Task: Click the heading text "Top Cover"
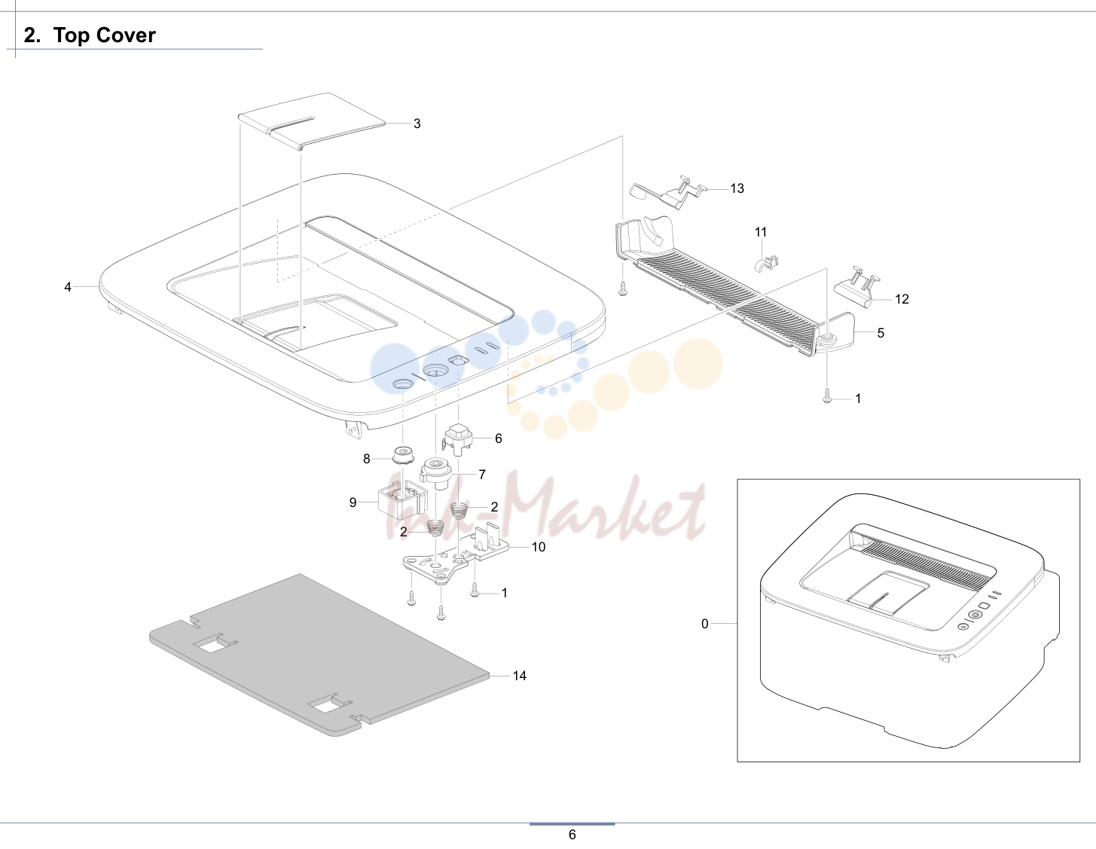(105, 35)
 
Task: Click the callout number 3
(417, 124)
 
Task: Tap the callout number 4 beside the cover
(68, 287)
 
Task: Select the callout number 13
(737, 188)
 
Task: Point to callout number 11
(761, 232)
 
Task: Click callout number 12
(902, 299)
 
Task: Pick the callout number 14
(520, 676)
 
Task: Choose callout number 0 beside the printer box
(704, 624)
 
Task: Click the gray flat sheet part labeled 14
(319, 655)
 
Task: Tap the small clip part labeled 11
(765, 263)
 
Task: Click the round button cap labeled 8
(403, 454)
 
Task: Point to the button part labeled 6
(457, 438)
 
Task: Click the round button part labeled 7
(436, 473)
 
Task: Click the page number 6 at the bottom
(572, 835)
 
